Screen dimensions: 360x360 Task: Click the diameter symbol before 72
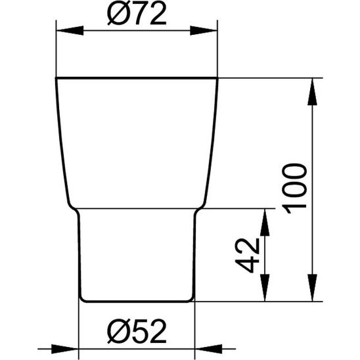pos(116,14)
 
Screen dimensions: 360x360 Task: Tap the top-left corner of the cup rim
pos(56,79)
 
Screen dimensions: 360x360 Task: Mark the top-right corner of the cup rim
pos(217,79)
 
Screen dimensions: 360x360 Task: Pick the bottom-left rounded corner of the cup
pos(82,300)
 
